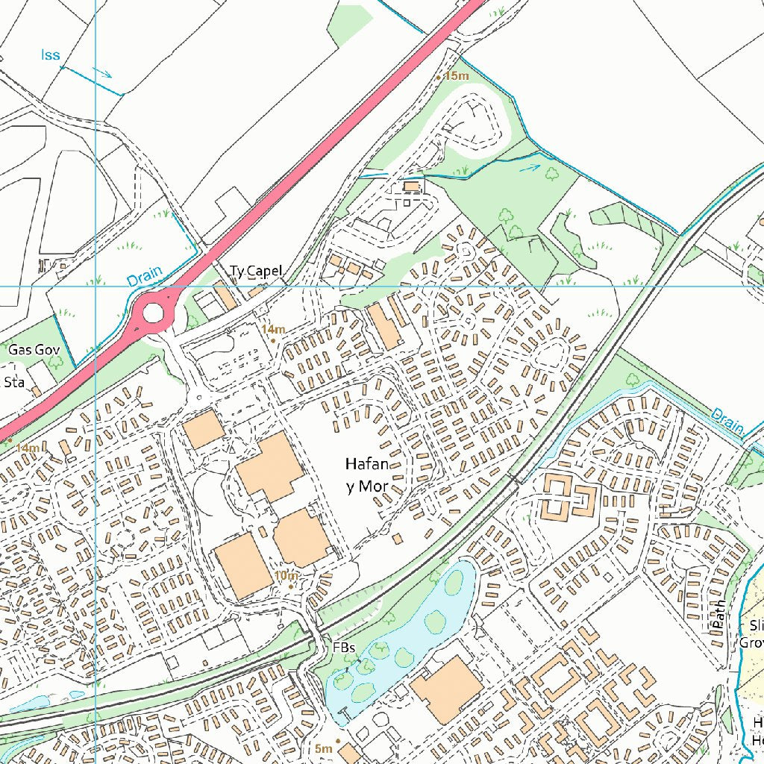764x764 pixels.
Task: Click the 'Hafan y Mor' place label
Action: pos(366,475)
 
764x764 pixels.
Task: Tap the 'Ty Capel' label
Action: pos(256,271)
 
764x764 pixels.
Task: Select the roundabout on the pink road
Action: pos(153,312)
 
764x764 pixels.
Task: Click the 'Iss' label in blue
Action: pos(50,55)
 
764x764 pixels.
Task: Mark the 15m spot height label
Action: pos(455,76)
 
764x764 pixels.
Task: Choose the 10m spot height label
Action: pos(286,576)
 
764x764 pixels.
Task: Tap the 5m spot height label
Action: pos(323,748)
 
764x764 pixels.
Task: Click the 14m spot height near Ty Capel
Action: pos(273,329)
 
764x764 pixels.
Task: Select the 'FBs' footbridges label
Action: pos(344,647)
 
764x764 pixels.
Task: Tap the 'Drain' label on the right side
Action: pos(727,422)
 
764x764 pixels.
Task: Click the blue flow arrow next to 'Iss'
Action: pos(102,72)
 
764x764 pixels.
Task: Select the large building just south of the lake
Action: pos(446,690)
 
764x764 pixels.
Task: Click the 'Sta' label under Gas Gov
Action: pos(14,383)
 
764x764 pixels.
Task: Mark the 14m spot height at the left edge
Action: pos(28,448)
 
